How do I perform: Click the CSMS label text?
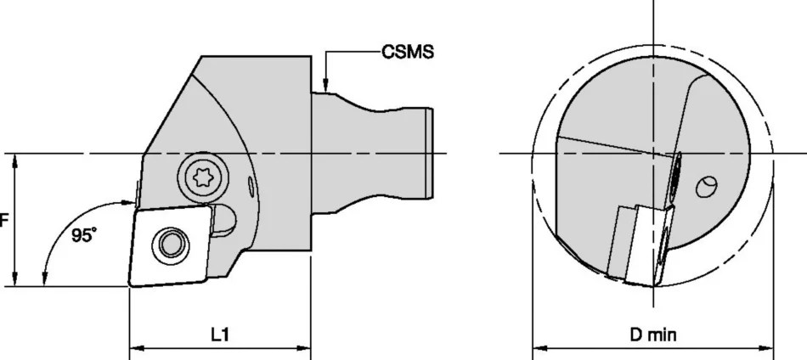click(x=407, y=53)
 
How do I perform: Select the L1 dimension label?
click(x=220, y=335)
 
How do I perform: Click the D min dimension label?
click(x=653, y=335)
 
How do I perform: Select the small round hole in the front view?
click(x=704, y=187)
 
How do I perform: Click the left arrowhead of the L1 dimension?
click(x=133, y=348)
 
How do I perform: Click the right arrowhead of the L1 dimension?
click(x=306, y=348)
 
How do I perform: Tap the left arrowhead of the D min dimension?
click(x=537, y=348)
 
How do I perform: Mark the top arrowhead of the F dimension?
click(x=15, y=159)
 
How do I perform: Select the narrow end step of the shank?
click(x=429, y=144)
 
